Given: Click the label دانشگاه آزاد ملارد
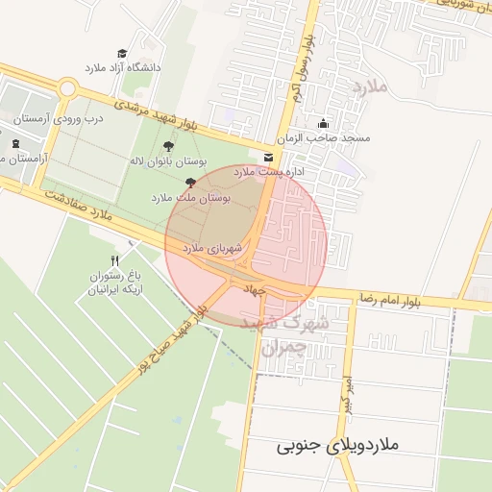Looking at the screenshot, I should [x=123, y=68].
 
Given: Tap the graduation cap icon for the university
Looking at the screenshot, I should [x=122, y=54].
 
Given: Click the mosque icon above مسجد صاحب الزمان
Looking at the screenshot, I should [x=323, y=123].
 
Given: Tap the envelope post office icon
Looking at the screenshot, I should [x=267, y=157].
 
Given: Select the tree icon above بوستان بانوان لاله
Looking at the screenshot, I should [x=169, y=147].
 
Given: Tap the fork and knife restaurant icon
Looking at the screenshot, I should [x=115, y=260].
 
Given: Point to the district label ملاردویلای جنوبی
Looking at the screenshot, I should [x=337, y=446].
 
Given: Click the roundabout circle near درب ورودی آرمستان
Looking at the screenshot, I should [x=66, y=89].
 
